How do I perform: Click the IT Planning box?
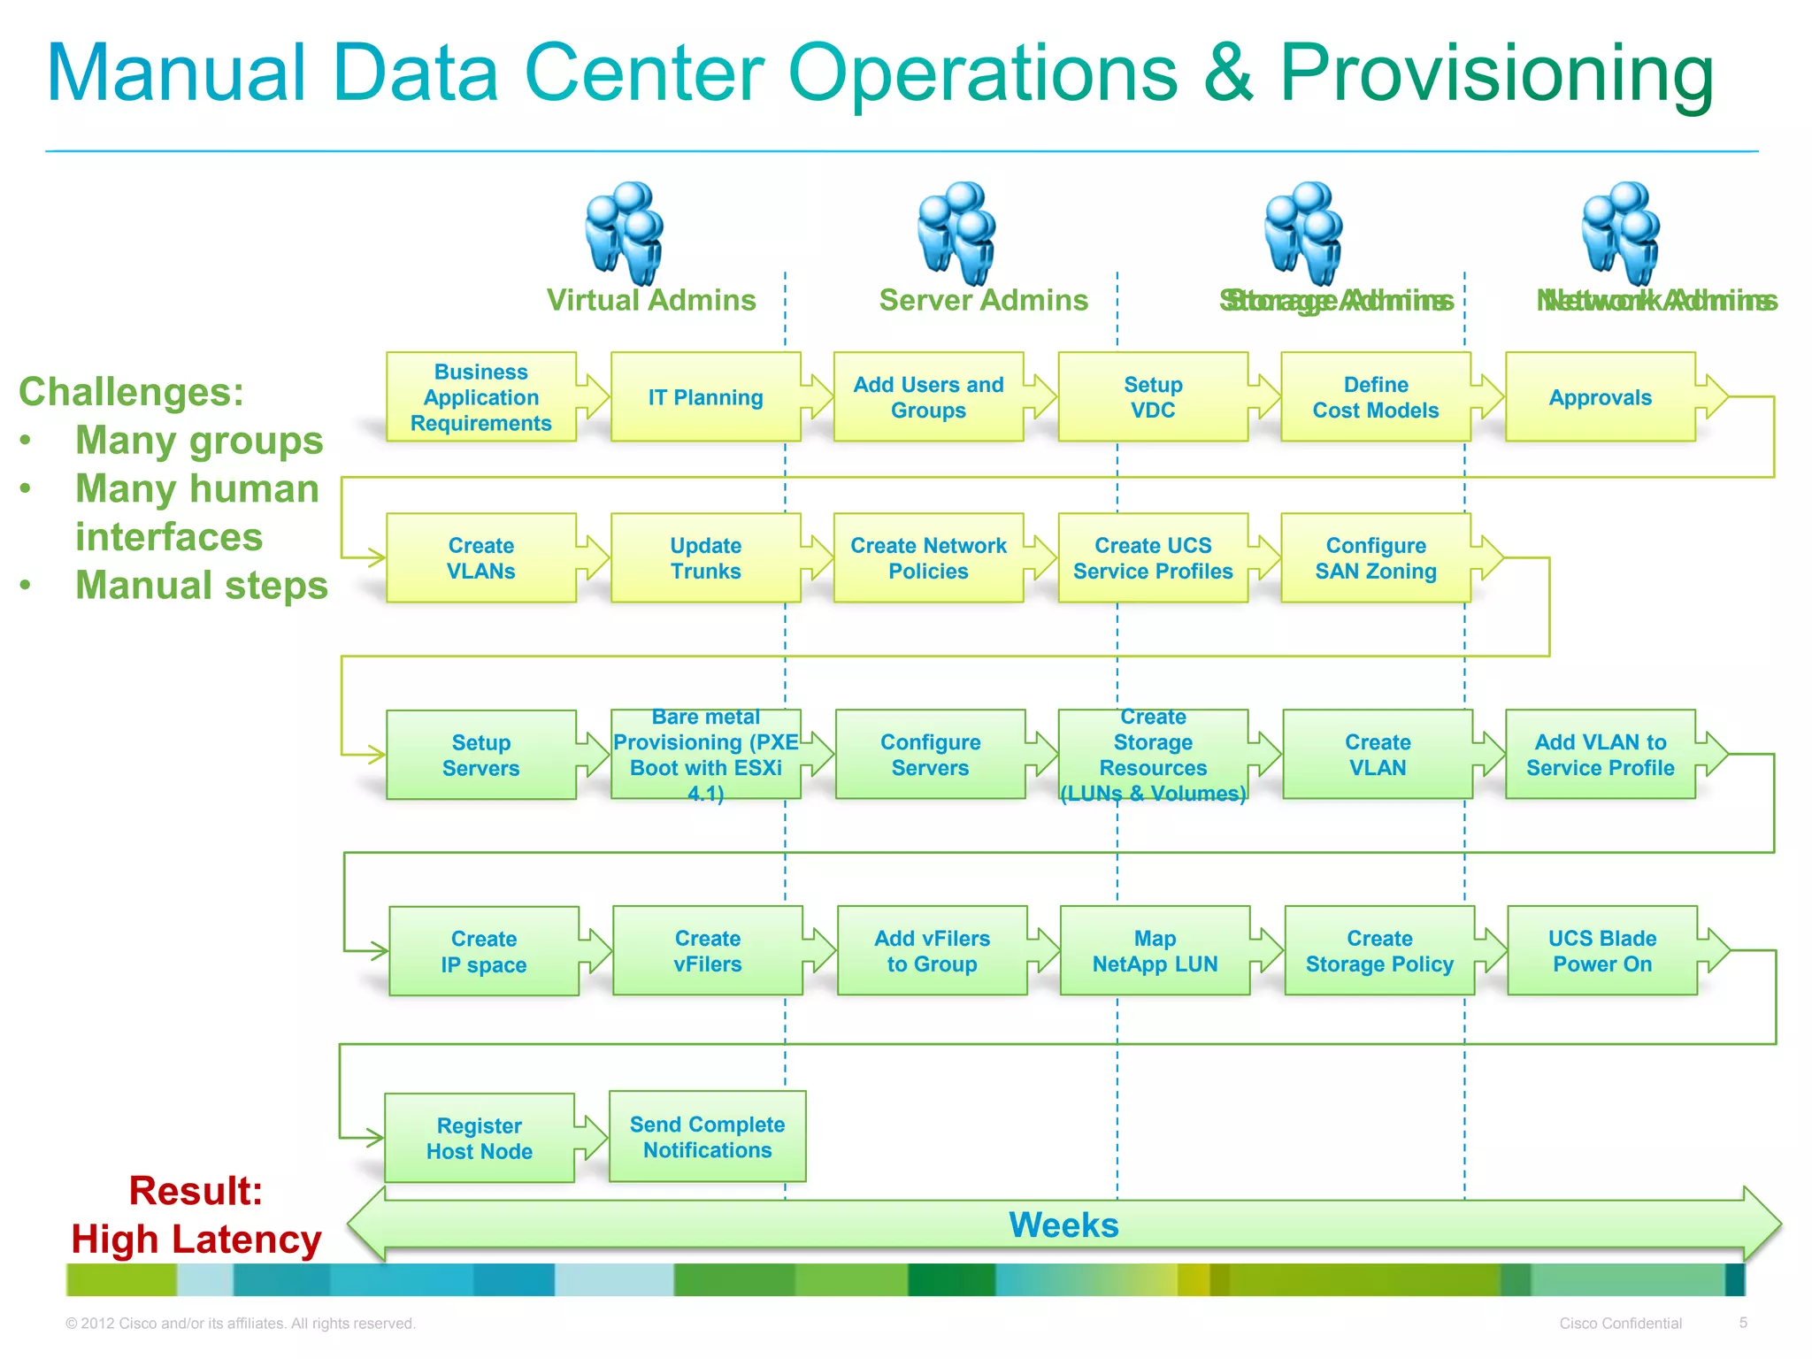pos(705,397)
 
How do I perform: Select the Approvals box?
pos(1600,397)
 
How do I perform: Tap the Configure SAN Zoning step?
pos(1376,558)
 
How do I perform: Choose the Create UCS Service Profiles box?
pos(1153,558)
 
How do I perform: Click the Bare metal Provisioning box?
pos(705,755)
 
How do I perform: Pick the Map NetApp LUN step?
pos(1155,951)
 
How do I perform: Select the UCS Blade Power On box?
pos(1602,951)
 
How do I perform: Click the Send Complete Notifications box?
pos(707,1137)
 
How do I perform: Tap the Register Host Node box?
pos(479,1139)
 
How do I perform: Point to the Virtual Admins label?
pos(651,301)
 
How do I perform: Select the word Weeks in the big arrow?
pos(1063,1225)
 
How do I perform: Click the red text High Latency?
pos(196,1239)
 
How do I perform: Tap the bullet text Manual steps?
pos(201,585)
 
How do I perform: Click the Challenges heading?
pos(131,392)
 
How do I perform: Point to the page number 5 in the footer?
pos(1743,1323)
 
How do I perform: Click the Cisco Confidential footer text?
pos(1620,1324)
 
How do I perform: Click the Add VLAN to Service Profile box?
pos(1600,755)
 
